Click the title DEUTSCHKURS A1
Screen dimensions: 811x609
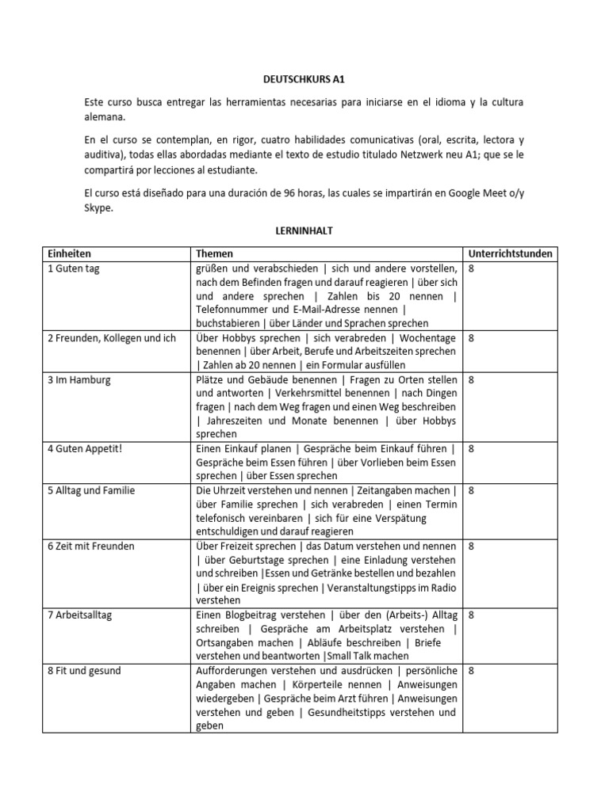coord(304,80)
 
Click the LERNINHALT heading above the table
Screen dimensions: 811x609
coord(304,230)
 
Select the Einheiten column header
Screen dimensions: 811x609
coord(69,254)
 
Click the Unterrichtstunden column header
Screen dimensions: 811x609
coord(511,254)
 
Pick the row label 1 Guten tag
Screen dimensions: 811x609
coord(73,269)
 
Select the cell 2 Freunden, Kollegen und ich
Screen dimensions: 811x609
coord(111,337)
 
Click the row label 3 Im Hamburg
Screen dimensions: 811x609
coord(79,379)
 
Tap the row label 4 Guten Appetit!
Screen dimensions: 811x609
coord(82,448)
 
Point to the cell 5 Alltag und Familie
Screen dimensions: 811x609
coord(90,490)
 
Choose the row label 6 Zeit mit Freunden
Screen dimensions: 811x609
coord(90,546)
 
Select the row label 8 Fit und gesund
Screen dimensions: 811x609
coord(83,670)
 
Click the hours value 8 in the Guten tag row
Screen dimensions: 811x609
coord(472,269)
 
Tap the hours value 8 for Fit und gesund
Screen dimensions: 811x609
coord(472,670)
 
